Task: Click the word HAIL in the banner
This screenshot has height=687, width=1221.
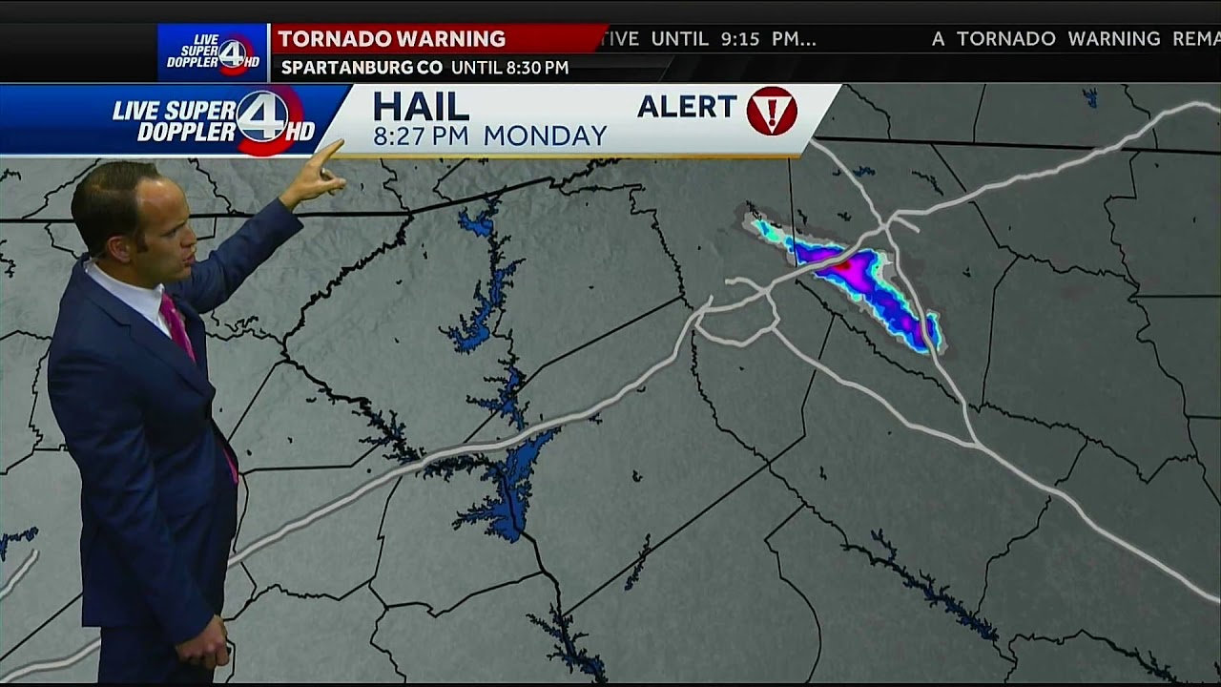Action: click(x=420, y=106)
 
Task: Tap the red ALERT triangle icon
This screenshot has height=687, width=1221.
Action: click(x=771, y=111)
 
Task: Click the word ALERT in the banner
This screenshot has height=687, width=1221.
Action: click(x=687, y=106)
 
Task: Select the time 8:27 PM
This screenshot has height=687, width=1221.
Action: click(x=421, y=135)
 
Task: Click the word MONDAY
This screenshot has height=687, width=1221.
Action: click(x=545, y=135)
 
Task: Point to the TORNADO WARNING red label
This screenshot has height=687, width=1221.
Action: click(x=392, y=39)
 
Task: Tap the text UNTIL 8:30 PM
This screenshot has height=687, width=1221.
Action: click(x=509, y=68)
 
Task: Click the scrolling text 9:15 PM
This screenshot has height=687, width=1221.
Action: click(x=768, y=39)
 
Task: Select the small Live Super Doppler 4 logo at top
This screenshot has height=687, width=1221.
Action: click(x=213, y=52)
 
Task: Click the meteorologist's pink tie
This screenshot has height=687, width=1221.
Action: click(x=178, y=324)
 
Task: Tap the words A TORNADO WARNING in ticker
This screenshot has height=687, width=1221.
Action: click(x=1045, y=39)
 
